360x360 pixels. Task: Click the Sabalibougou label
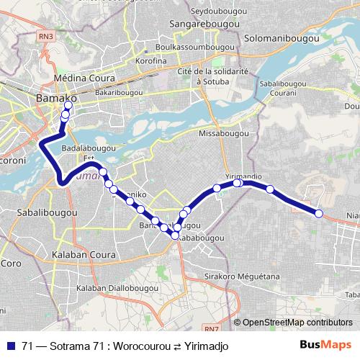point(45,214)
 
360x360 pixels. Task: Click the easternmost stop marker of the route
point(318,212)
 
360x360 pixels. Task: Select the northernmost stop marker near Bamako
point(68,105)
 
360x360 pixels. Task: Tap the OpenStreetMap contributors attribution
point(297,323)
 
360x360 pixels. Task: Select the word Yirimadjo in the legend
point(204,345)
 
